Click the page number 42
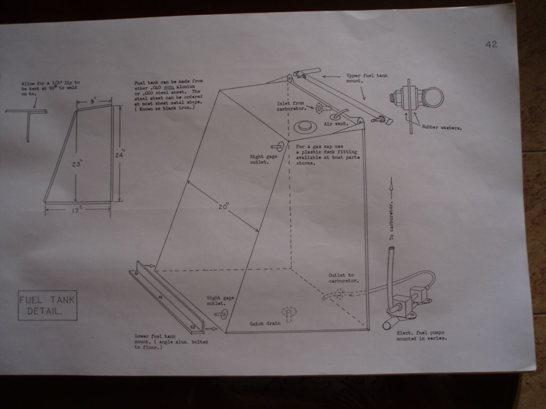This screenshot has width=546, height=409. point(491,44)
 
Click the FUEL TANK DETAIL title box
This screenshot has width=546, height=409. point(47,305)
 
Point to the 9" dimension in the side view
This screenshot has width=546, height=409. point(93,102)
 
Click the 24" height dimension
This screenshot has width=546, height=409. point(120,154)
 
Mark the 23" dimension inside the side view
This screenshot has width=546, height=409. point(77,163)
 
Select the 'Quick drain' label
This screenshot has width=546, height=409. point(264,323)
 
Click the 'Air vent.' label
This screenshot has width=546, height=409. point(336,124)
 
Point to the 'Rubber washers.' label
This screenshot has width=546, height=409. point(442,127)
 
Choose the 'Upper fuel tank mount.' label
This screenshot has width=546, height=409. point(367,78)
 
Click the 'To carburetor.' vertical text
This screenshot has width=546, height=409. point(391,220)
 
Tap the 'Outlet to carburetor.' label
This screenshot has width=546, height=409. point(343,277)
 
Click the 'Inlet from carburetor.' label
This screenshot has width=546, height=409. point(291,106)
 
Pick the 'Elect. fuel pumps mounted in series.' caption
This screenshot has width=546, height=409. point(421,336)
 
